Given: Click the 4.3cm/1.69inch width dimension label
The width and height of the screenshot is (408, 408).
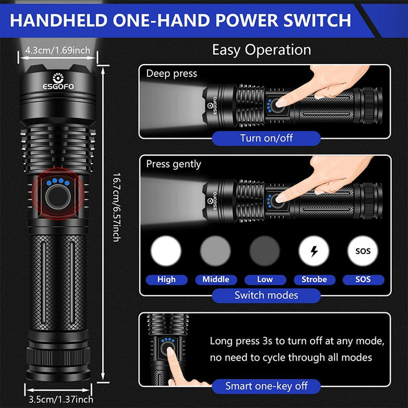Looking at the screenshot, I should click(x=57, y=50).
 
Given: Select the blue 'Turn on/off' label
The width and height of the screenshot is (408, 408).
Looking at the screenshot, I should click(x=266, y=138).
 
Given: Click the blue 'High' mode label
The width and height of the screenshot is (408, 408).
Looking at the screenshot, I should click(x=166, y=279).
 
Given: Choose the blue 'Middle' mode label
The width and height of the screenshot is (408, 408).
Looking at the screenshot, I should click(x=216, y=279).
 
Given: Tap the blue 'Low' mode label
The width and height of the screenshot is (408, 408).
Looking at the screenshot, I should click(x=265, y=279).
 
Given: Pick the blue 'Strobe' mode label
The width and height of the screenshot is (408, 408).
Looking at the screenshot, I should click(x=314, y=279).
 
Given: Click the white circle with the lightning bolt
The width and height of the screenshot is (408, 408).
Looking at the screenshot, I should click(x=314, y=252).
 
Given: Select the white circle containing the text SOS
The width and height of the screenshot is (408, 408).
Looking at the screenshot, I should click(x=363, y=252).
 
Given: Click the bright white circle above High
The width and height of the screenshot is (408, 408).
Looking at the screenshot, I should click(x=166, y=252).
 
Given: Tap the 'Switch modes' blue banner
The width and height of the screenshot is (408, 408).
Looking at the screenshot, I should click(x=266, y=295).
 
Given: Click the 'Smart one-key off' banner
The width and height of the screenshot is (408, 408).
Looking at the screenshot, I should click(x=266, y=385).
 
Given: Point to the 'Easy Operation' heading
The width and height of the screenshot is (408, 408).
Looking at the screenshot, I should click(x=261, y=50).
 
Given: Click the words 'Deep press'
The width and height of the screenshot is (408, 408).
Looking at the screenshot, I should click(x=171, y=73).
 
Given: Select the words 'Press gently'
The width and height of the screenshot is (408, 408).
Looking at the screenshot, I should click(x=174, y=164).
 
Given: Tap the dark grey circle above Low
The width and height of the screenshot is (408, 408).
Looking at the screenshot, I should click(x=265, y=252).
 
